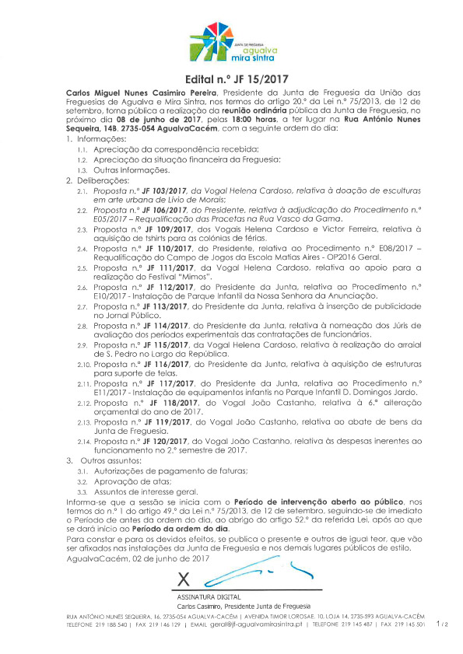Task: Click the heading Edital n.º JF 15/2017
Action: click(x=231, y=79)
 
